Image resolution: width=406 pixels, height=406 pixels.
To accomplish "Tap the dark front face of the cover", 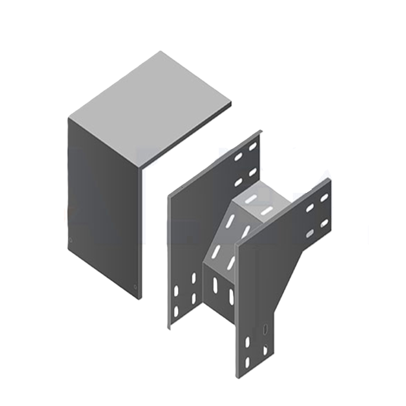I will point(104,203).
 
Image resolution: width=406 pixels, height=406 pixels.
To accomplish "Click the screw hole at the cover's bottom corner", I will point(135,287).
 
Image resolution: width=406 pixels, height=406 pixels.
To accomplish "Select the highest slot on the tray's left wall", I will point(252,146).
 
